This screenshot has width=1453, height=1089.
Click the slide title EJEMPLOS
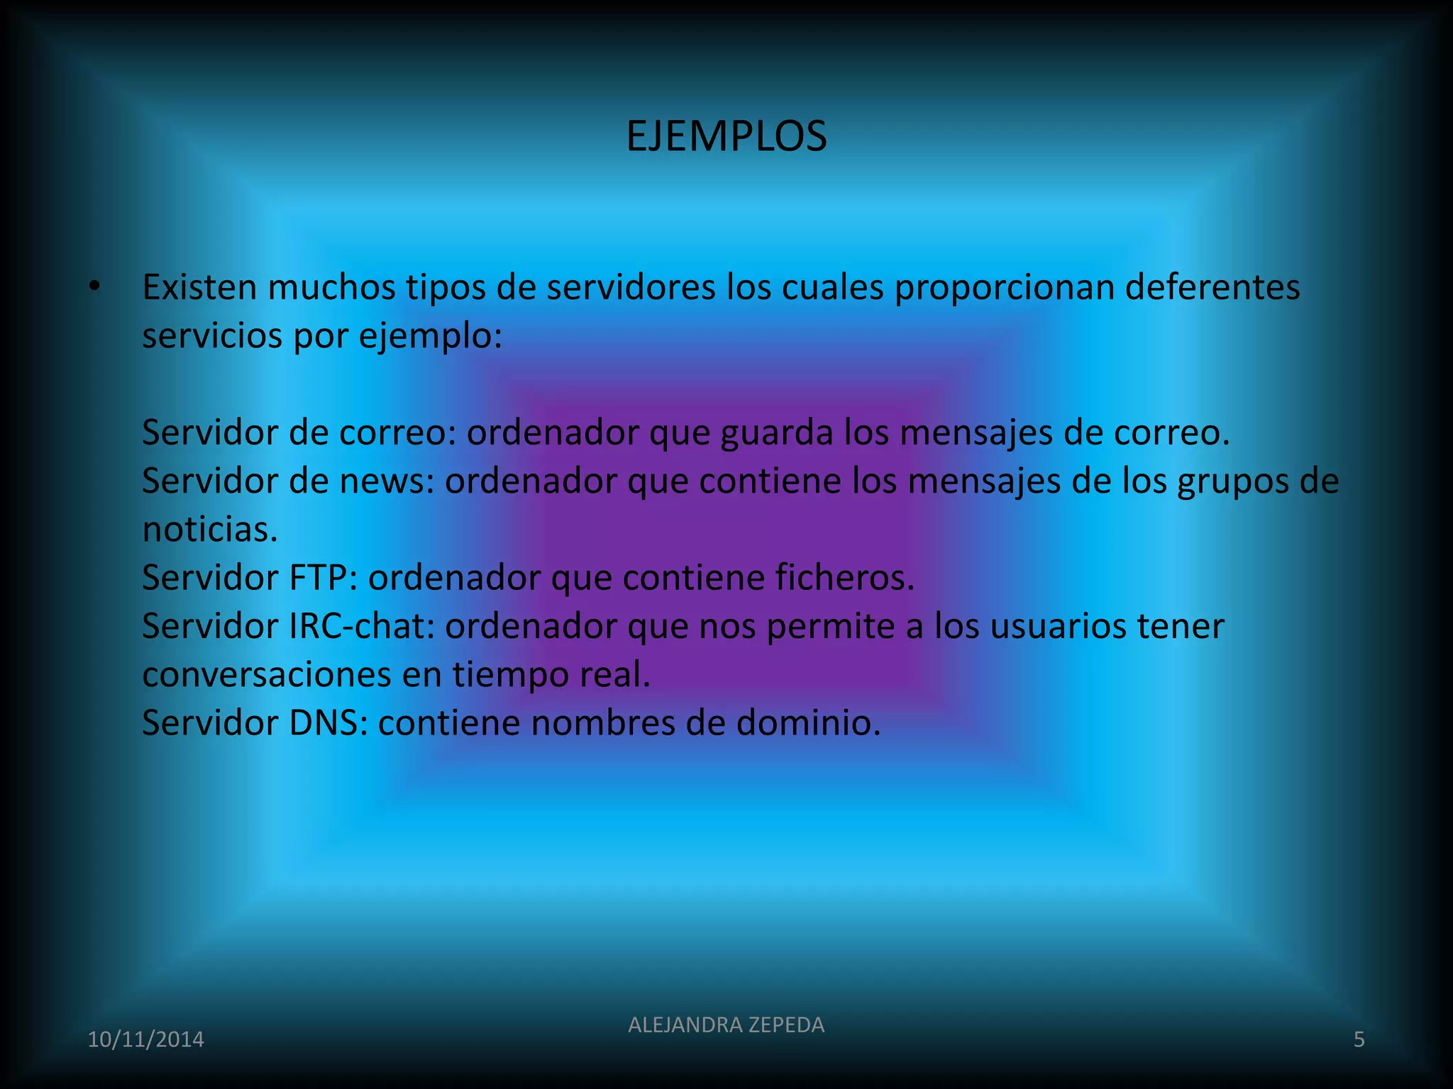coord(726,136)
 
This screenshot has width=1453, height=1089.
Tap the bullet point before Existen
coord(95,288)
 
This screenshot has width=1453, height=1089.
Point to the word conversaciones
coord(267,674)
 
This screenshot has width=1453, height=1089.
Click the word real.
coord(615,674)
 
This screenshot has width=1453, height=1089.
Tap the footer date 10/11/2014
coord(145,1039)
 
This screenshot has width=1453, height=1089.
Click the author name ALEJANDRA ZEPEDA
coord(726,1024)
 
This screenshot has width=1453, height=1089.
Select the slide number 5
coord(1359,1039)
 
